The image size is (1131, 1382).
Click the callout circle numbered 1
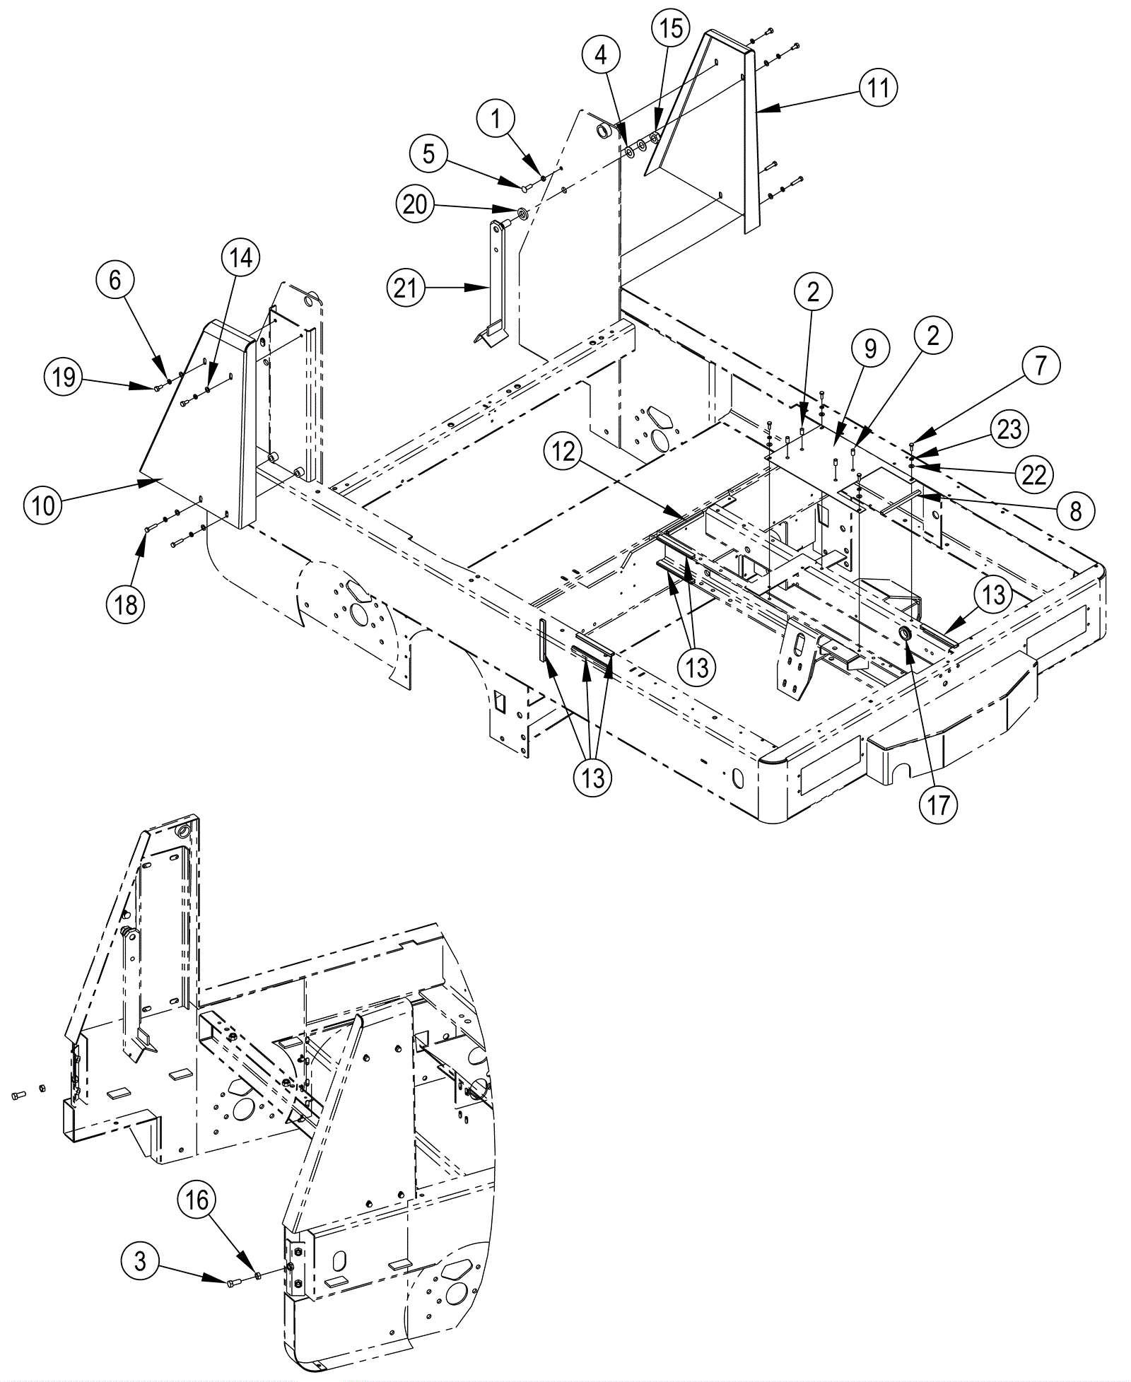(497, 119)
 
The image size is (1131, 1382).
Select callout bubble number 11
(879, 88)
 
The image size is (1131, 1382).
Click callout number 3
(141, 1260)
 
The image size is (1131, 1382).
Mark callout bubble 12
(563, 452)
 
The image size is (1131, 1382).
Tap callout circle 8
(1075, 510)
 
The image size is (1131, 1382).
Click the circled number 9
(870, 349)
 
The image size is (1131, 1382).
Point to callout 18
(127, 605)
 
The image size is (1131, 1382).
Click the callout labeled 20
(415, 204)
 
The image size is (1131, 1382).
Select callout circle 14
(240, 259)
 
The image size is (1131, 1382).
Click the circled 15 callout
(671, 29)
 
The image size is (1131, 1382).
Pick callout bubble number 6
(115, 281)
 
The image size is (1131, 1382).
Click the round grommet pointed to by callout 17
(905, 631)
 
